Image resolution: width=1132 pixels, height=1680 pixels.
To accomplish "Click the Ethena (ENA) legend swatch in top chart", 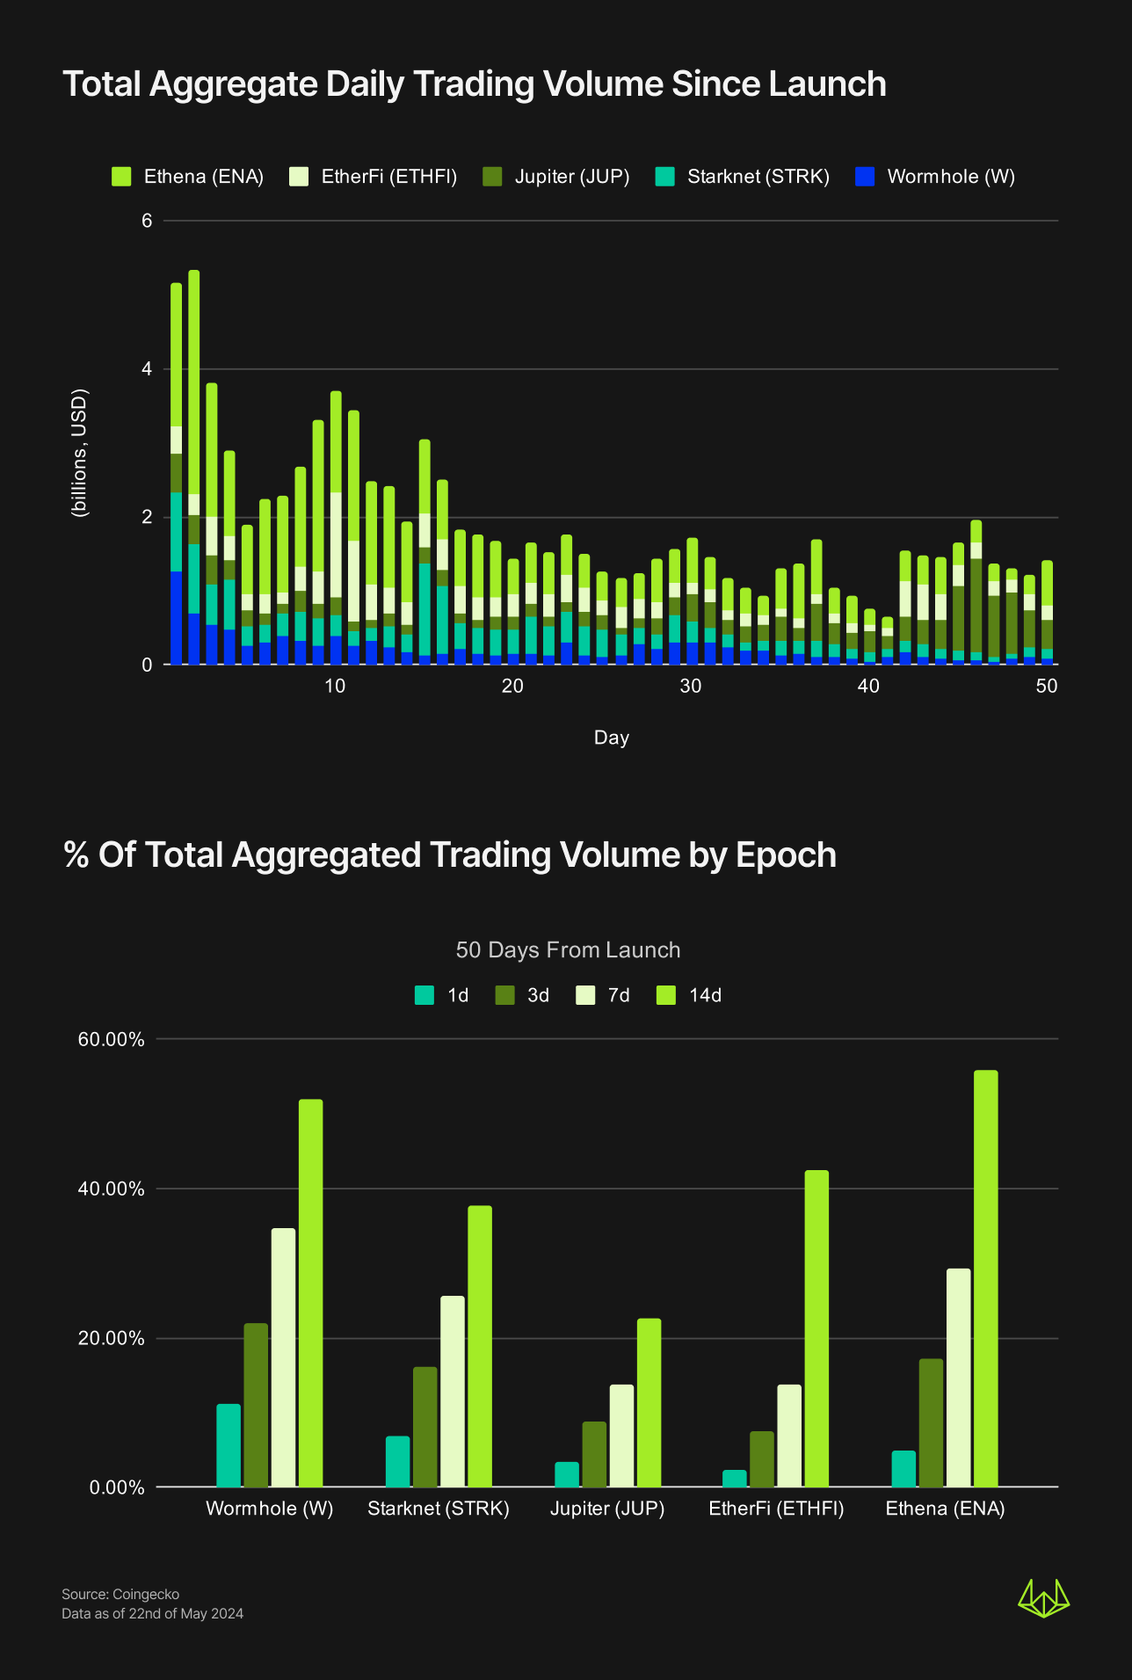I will (x=121, y=177).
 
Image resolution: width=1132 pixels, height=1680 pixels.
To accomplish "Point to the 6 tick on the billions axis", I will (x=147, y=221).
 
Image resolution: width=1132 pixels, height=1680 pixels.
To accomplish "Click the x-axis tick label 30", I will (x=690, y=687).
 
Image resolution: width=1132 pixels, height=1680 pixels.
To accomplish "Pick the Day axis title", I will (x=611, y=738).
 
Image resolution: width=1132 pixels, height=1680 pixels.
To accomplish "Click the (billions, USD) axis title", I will (x=80, y=453).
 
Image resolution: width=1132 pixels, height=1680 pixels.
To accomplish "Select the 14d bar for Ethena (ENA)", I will (x=985, y=1278).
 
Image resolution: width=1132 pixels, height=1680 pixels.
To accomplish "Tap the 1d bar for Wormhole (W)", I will (x=229, y=1445).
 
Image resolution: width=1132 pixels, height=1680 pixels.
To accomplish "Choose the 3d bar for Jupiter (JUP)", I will (x=594, y=1454).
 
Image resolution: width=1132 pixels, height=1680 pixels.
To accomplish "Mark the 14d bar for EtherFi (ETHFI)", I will (x=816, y=1328).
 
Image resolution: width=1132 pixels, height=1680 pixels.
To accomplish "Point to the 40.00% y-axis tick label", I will (x=111, y=1189).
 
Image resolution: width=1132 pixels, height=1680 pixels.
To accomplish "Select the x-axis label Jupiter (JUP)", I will (x=607, y=1509).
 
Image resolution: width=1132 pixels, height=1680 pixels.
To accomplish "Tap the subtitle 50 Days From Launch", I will (x=568, y=950).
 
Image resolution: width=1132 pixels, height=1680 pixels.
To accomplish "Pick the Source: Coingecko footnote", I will (x=120, y=1595).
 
